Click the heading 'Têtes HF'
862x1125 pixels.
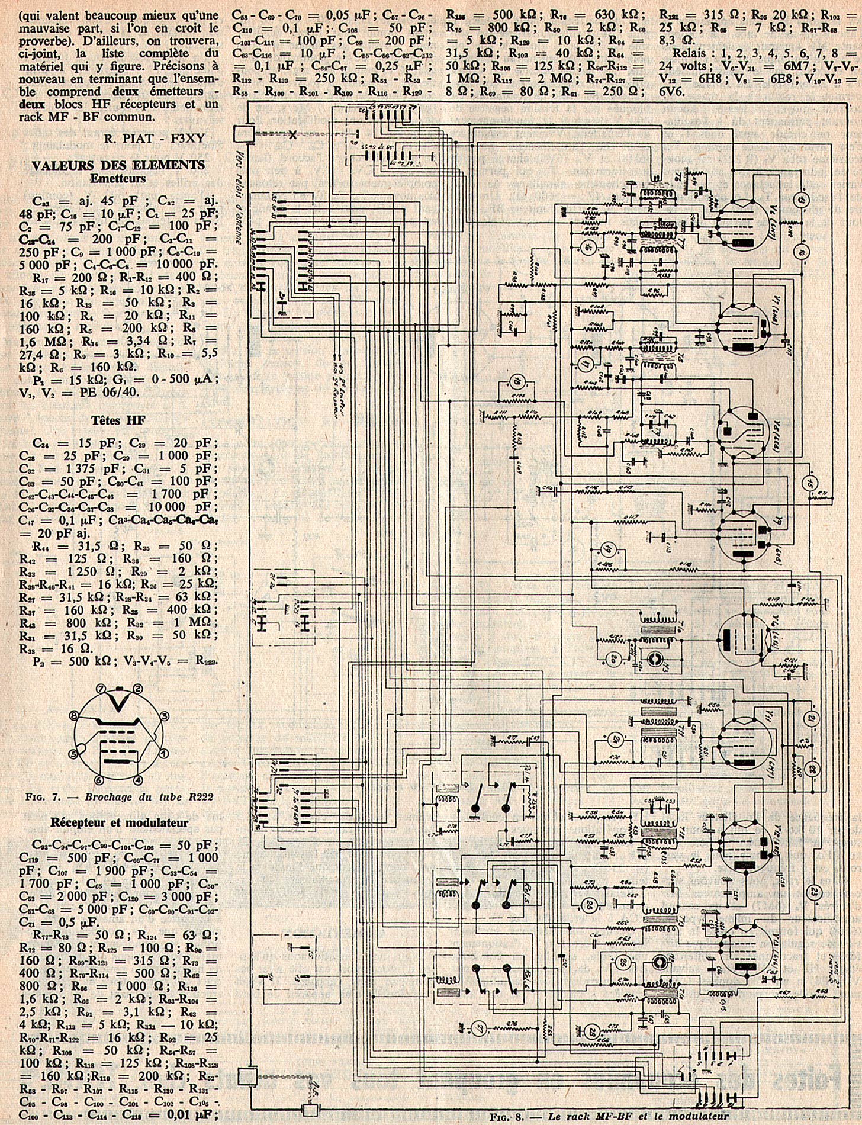click(118, 420)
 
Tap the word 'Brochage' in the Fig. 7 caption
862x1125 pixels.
click(106, 796)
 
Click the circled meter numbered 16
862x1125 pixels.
click(588, 248)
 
